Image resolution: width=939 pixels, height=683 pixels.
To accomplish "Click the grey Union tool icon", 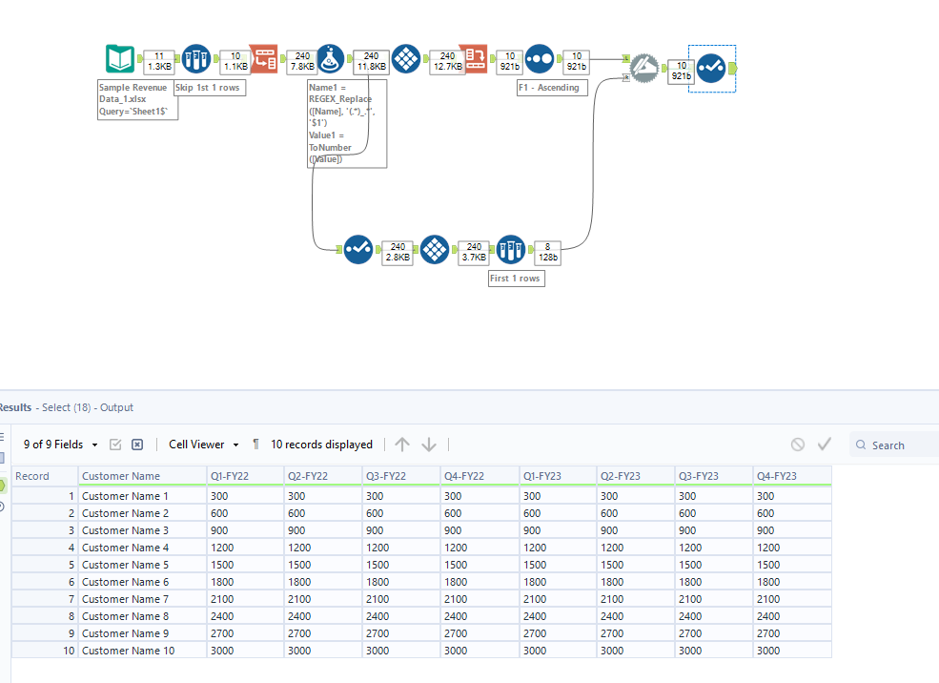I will click(x=644, y=66).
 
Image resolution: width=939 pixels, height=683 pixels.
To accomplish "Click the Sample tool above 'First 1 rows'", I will click(x=511, y=250).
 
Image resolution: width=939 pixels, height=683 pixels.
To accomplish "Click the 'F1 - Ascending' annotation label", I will click(x=553, y=87).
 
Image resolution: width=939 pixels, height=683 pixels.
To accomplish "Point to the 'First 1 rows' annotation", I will click(x=516, y=278).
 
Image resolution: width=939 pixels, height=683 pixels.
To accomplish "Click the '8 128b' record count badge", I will click(x=548, y=251).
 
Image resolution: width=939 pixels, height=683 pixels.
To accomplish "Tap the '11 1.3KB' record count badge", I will click(x=158, y=62).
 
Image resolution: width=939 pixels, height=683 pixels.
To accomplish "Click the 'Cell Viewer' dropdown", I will click(x=203, y=445).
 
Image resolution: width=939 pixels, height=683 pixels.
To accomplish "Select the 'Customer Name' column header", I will click(x=121, y=476).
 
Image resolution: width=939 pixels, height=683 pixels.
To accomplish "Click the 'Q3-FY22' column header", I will click(x=387, y=476).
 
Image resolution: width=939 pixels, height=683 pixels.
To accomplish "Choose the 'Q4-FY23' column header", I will click(x=777, y=476).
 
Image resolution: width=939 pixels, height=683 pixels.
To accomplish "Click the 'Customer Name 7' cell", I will click(x=125, y=599).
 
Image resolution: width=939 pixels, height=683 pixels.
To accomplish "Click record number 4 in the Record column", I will click(x=71, y=548).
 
